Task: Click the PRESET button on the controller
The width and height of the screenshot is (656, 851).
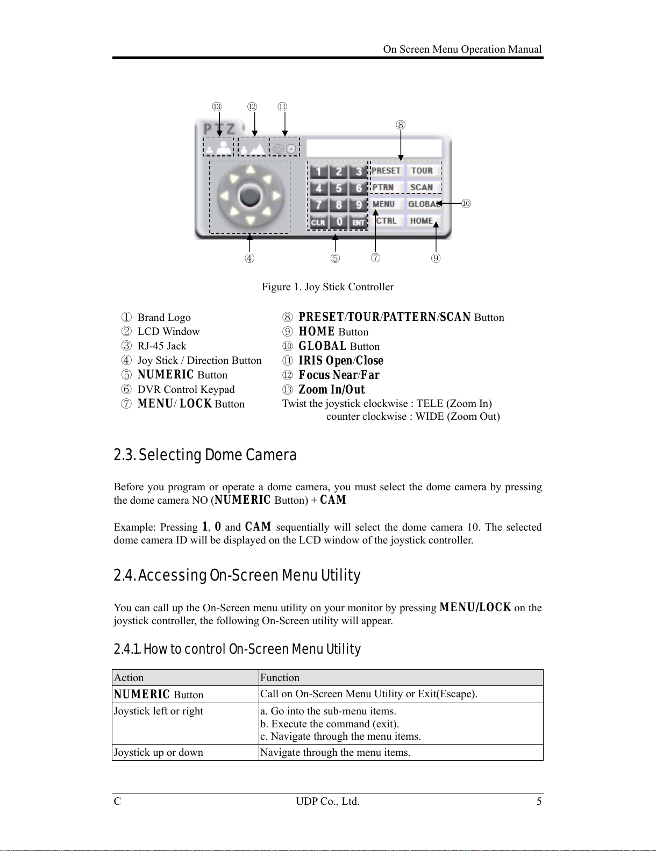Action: tap(386, 171)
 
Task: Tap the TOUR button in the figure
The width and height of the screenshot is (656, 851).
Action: tap(422, 171)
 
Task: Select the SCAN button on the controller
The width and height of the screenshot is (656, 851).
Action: tap(422, 188)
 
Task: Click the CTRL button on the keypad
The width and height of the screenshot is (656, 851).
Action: tap(386, 221)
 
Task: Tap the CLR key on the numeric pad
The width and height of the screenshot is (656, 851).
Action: tap(318, 222)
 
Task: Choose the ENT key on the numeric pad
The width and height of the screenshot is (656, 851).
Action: tap(358, 222)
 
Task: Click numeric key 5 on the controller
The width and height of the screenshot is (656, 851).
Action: tap(339, 189)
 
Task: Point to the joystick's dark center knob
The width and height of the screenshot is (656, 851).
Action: tap(250, 196)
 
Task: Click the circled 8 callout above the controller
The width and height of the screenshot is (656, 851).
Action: tap(401, 125)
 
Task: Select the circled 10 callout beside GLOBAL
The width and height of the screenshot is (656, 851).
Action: tap(466, 204)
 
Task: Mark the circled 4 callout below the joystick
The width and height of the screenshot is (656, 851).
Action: tap(249, 259)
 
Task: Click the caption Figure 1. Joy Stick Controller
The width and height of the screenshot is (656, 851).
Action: tap(327, 287)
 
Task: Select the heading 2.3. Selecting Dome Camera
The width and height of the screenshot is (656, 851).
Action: tap(205, 455)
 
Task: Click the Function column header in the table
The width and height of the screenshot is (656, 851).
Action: tap(280, 678)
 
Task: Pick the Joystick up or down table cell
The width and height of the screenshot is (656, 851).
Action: tap(159, 753)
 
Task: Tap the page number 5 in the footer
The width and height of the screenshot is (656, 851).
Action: tap(539, 802)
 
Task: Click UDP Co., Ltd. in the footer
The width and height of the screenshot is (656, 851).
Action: tap(327, 802)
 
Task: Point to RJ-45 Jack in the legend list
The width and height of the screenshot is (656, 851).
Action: tap(162, 346)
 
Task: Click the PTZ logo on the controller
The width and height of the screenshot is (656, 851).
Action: tap(219, 129)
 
